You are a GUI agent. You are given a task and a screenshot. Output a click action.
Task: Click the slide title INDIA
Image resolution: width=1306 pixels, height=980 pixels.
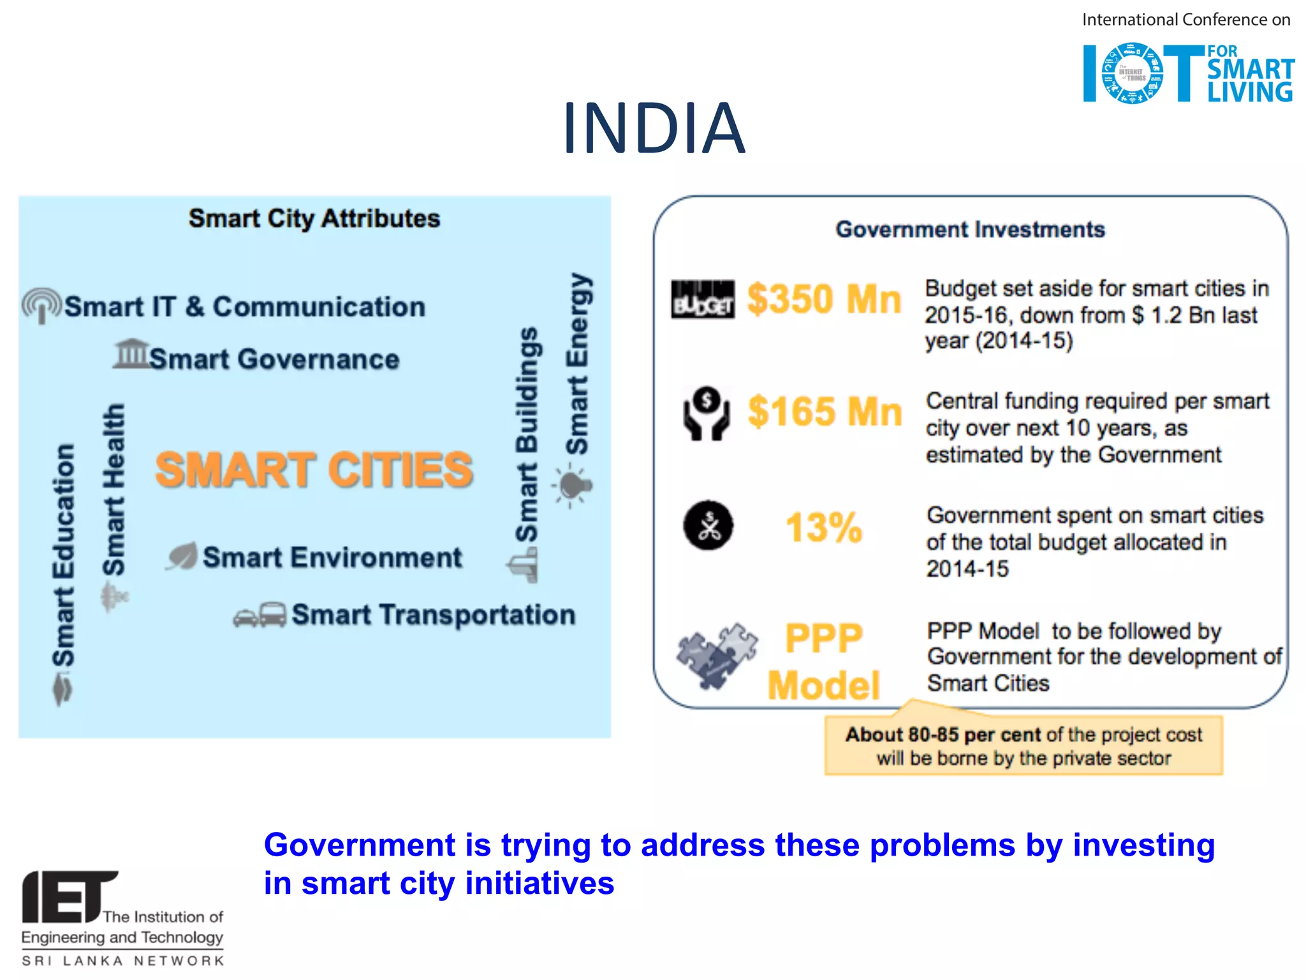coord(654,128)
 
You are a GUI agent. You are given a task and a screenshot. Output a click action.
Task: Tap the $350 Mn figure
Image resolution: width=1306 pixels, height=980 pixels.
coord(824,299)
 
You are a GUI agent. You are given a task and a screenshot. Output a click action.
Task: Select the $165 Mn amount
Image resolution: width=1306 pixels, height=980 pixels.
coord(825,412)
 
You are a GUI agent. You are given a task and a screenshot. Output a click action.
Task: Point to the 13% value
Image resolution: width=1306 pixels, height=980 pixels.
coord(824,528)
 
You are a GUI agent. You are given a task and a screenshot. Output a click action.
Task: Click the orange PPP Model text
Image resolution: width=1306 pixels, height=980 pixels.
coord(823,661)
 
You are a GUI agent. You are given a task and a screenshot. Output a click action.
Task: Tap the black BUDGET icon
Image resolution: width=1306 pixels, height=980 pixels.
coord(703,299)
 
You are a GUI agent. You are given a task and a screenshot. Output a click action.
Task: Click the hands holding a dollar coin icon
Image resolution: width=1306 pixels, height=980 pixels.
coord(706,413)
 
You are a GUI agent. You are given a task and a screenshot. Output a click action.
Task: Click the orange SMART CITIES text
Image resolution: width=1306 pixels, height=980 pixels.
coord(314,470)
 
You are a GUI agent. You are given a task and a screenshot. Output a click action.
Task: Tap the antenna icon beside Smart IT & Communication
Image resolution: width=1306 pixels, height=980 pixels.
coord(42,306)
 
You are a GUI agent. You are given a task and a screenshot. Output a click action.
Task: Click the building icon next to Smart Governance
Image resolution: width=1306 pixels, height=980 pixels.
coord(131,353)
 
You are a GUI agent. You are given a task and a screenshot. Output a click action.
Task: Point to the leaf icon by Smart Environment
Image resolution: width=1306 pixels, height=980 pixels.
coord(182,556)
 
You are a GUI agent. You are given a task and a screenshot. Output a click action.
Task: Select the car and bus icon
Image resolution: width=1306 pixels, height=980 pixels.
coord(260,615)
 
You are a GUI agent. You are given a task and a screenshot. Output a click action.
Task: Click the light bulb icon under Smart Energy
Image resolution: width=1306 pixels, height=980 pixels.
coord(573,486)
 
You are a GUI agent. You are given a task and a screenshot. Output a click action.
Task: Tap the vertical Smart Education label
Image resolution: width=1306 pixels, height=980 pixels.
coord(63,555)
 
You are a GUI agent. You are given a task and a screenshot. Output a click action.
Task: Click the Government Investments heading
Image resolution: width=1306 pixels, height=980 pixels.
coord(970,230)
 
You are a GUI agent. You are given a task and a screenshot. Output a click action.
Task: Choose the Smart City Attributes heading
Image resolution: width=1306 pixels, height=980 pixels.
coord(314,219)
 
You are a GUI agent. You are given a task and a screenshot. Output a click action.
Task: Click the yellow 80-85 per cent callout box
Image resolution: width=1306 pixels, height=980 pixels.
coord(1024,746)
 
